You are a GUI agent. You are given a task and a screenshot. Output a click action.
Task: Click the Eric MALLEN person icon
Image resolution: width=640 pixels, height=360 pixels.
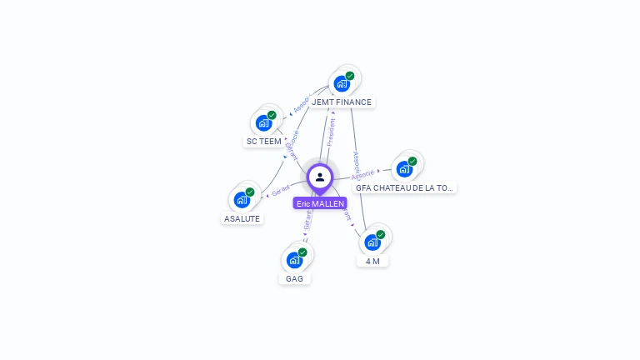[320, 177]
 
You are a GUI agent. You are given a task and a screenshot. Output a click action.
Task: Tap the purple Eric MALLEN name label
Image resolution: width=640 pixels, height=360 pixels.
[320, 203]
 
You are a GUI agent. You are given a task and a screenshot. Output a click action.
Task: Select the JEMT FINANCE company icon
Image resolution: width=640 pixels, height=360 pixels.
[341, 83]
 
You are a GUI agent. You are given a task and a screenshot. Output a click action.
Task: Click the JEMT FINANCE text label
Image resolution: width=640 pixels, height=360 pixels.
[342, 102]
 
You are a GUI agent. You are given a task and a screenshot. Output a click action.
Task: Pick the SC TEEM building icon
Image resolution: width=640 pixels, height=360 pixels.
[263, 123]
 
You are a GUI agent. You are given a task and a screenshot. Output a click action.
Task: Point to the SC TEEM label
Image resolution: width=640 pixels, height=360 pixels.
[263, 142]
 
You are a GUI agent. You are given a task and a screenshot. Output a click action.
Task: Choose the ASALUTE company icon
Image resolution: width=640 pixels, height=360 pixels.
[242, 200]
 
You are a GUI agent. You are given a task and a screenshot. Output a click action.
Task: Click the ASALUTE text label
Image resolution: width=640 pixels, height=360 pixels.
[242, 218]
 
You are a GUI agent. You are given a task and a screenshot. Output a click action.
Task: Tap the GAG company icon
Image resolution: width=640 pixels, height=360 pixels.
[294, 260]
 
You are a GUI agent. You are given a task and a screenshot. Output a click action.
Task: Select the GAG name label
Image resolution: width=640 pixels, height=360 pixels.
[294, 278]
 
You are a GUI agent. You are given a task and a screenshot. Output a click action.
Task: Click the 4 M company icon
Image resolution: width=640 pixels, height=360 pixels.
[372, 242]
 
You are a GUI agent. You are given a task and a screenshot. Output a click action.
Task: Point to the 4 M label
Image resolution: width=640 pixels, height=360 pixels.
[372, 261]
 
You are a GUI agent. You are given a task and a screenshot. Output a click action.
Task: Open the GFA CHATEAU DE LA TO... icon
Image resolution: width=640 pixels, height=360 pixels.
[404, 169]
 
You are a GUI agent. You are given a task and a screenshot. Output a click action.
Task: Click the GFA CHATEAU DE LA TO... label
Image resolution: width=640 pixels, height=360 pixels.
[405, 187]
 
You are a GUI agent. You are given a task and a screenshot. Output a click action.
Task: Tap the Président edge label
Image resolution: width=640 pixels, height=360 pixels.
[332, 132]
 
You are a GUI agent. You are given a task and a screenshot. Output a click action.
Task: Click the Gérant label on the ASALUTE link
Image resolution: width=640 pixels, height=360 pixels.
[281, 190]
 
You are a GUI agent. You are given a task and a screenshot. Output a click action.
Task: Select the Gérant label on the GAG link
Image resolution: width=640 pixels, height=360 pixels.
[307, 219]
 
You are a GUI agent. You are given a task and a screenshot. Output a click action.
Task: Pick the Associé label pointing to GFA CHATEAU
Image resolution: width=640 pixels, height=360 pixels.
[363, 175]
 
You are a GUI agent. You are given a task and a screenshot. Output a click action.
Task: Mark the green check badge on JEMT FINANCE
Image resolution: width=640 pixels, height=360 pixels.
[350, 76]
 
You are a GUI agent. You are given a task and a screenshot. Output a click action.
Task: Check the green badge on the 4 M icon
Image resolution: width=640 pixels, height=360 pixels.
[381, 235]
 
